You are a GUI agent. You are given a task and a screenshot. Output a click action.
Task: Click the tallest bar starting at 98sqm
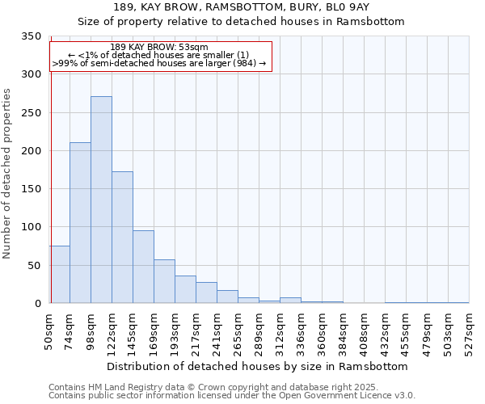tap(101, 200)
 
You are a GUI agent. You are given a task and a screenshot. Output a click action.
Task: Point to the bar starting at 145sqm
tap(143, 267)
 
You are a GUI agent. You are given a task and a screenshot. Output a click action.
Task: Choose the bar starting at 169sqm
tap(164, 281)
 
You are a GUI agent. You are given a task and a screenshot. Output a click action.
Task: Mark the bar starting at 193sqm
tap(185, 289)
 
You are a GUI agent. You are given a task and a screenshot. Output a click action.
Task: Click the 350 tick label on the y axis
tap(31, 36)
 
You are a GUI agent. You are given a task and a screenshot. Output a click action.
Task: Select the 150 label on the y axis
tap(31, 189)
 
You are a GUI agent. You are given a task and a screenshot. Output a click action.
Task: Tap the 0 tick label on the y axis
tap(37, 304)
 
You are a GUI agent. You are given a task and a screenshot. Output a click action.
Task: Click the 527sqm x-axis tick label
tap(470, 332)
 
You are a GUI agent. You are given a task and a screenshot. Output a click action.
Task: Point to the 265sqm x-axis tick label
tap(238, 332)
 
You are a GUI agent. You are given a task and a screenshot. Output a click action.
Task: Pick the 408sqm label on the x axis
tap(365, 332)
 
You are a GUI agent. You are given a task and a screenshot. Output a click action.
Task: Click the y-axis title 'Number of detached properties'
tap(7, 174)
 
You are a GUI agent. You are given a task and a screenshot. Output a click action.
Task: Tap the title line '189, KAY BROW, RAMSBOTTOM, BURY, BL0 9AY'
tap(241, 7)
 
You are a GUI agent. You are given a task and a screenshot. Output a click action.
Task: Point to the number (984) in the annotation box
tap(245, 63)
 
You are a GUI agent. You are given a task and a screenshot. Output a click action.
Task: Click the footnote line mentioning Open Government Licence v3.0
tap(232, 396)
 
